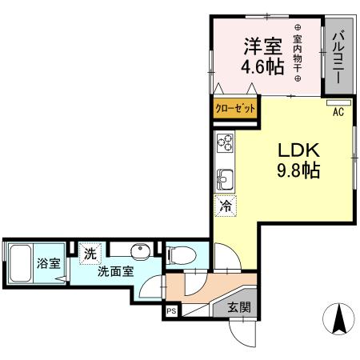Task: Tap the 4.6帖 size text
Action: (x=263, y=68)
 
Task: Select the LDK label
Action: (x=298, y=150)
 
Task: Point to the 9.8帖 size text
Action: (x=299, y=170)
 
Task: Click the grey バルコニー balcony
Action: (x=337, y=55)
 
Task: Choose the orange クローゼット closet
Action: (x=236, y=107)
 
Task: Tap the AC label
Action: (x=338, y=112)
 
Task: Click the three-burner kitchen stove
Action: (x=225, y=143)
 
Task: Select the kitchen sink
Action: (x=224, y=178)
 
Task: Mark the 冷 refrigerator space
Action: (x=224, y=206)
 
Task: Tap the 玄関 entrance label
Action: (x=238, y=306)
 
